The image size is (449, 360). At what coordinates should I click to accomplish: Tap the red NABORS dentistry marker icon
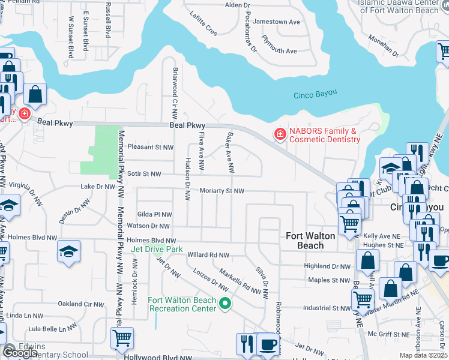(279, 134)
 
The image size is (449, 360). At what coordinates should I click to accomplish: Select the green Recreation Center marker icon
(225, 304)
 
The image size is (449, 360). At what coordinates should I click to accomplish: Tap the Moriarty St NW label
(223, 191)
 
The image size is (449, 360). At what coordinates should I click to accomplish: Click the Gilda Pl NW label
(154, 214)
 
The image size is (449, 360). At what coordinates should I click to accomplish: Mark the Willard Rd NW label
(208, 255)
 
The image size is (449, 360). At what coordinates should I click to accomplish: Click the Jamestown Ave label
(276, 22)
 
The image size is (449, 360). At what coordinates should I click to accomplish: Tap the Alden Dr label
(237, 5)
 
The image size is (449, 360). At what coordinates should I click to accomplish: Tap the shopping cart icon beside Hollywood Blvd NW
(122, 338)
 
